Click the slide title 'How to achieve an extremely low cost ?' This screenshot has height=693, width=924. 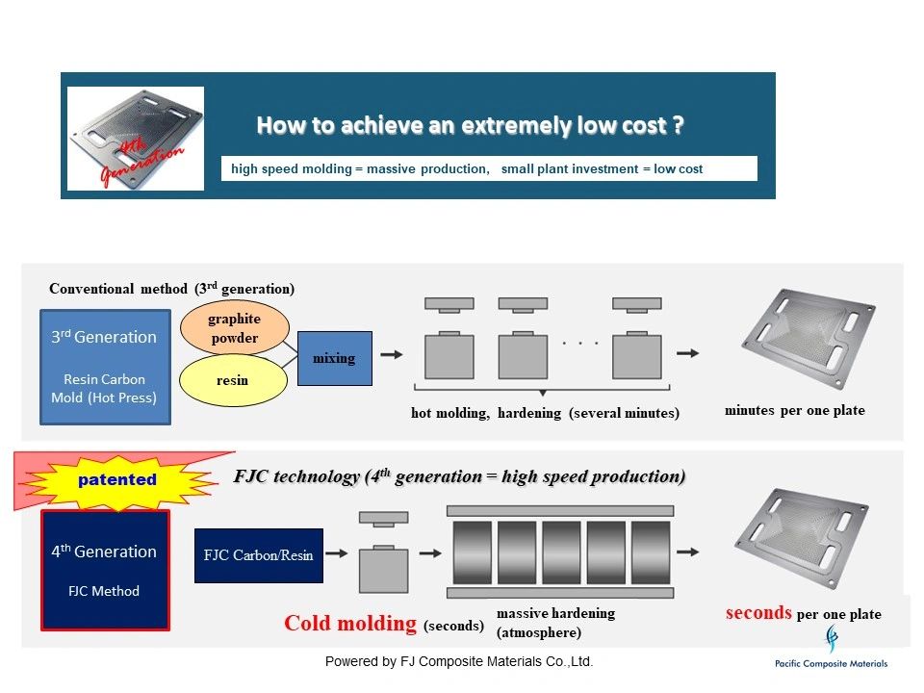point(471,126)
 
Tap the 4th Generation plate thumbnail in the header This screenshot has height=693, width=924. point(136,138)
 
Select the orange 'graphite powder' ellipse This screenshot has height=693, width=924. point(234,328)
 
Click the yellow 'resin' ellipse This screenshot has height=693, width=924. point(233,380)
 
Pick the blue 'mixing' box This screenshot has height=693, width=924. point(334,358)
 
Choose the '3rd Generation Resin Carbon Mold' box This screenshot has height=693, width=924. point(105,367)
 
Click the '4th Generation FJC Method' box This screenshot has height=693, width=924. point(104,570)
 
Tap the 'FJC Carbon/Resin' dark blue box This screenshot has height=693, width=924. point(258,555)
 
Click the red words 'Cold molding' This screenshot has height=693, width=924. point(350,624)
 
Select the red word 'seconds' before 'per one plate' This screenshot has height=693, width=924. point(758,612)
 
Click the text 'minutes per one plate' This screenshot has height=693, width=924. point(794,410)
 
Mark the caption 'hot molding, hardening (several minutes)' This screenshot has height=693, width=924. point(545,413)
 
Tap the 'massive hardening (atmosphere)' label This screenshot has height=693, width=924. point(555,623)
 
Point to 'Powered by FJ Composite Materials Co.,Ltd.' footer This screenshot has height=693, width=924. point(459,661)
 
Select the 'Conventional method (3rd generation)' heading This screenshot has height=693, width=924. point(171,288)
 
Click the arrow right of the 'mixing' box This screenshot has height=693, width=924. point(392,354)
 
